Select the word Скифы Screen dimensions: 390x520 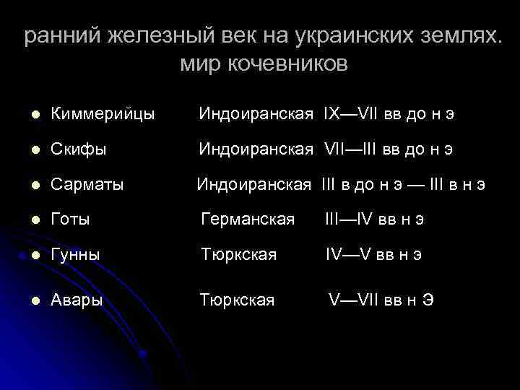pyautogui.click(x=78, y=149)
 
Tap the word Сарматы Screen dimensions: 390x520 pyautogui.click(x=87, y=185)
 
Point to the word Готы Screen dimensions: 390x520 pyautogui.click(x=70, y=220)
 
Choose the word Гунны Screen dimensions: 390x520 pyautogui.click(x=75, y=255)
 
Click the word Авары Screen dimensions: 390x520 pyautogui.click(x=77, y=300)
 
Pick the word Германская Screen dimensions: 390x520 pyautogui.click(x=247, y=220)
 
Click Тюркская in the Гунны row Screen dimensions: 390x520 pyautogui.click(x=238, y=255)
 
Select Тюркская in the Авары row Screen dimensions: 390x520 pyautogui.click(x=237, y=300)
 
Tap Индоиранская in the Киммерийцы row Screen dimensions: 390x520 pyautogui.click(x=256, y=114)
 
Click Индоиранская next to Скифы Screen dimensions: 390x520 pyautogui.click(x=256, y=149)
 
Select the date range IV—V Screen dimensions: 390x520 pyautogui.click(x=348, y=255)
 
